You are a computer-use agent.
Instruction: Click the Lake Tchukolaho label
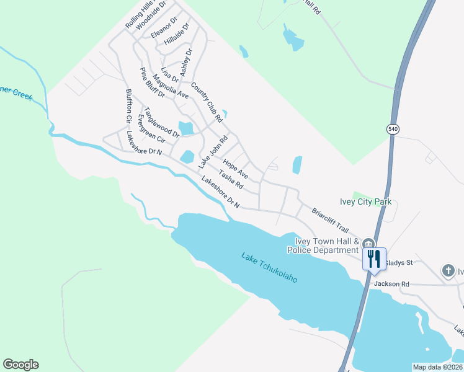269,267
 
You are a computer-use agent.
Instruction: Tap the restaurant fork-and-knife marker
374,258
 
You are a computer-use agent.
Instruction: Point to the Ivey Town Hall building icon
368,244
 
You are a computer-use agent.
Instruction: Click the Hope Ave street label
235,167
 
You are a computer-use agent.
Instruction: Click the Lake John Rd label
213,153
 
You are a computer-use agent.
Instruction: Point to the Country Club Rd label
207,102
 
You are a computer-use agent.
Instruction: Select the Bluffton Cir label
129,105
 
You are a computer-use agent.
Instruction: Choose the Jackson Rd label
391,284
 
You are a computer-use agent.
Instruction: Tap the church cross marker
448,271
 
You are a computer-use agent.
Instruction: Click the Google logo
20,365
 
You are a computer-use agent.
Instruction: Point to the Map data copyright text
437,367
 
